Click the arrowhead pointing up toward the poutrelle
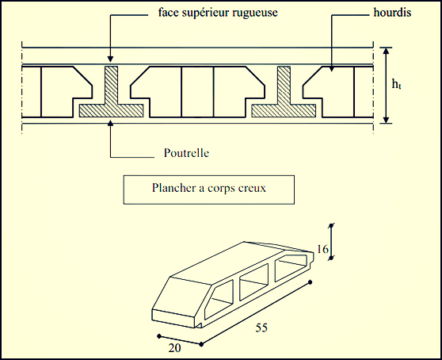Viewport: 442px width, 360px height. pos(111,128)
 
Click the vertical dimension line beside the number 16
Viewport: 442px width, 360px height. pos(332,242)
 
